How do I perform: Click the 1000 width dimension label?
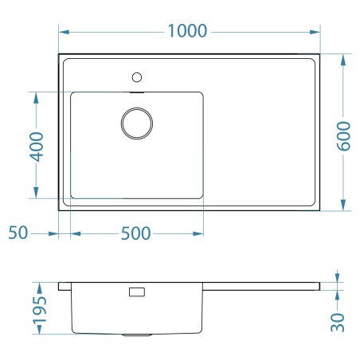coord(187,31)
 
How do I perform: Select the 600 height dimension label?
coord(344,136)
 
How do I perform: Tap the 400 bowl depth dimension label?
coord(37,147)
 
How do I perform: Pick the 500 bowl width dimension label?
coord(135,233)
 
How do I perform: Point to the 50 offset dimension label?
coord(18,233)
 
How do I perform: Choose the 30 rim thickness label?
coord(338,323)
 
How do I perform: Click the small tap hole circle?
coord(137,77)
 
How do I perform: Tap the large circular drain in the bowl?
coord(137,123)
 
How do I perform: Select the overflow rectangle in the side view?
coord(137,292)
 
